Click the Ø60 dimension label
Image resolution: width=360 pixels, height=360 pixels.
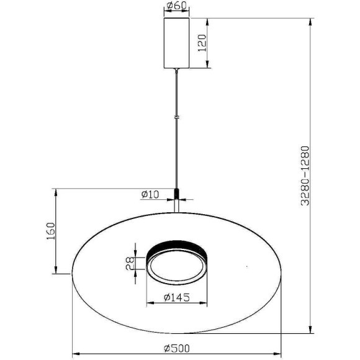[x=176, y=6]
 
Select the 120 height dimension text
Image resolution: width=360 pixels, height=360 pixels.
[x=202, y=43]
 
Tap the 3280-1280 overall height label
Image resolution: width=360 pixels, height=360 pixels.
[x=305, y=176]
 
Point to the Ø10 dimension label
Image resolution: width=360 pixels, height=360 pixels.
[x=150, y=194]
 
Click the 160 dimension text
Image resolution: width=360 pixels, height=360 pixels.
[x=51, y=231]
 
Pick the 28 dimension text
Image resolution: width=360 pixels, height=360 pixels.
[x=130, y=263]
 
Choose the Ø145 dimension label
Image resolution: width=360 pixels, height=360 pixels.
[x=177, y=297]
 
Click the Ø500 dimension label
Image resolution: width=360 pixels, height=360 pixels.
[x=177, y=348]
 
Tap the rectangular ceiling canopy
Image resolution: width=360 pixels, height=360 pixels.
[x=176, y=43]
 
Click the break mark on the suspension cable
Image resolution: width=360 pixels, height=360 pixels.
[x=176, y=117]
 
